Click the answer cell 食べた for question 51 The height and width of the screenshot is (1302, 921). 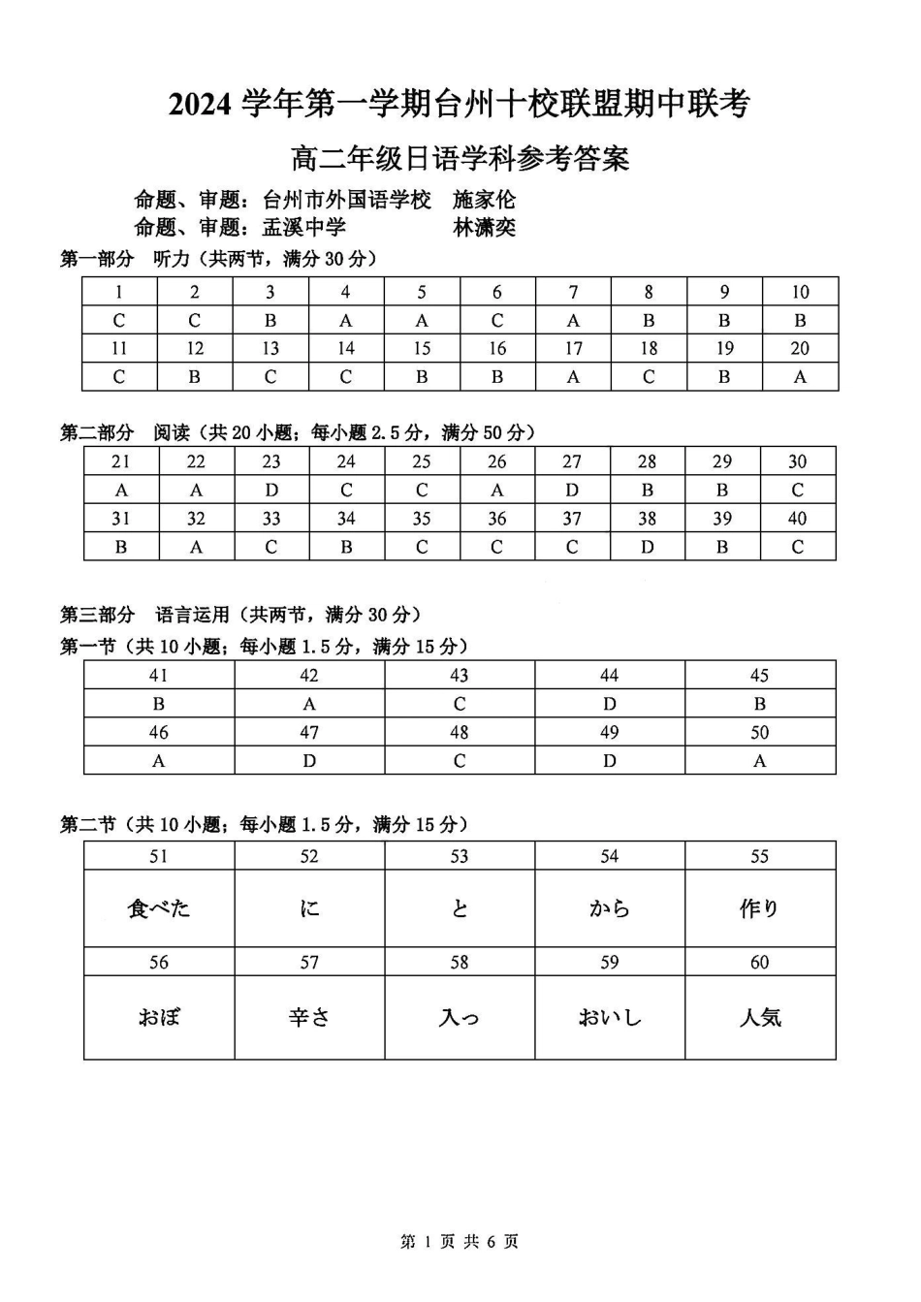click(x=159, y=908)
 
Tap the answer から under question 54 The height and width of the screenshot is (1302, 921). click(x=609, y=908)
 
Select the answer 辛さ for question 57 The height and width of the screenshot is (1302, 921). click(x=309, y=1017)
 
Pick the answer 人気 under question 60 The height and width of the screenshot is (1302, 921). click(x=760, y=1017)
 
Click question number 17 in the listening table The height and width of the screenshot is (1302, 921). click(x=573, y=348)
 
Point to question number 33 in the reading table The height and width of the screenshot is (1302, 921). click(x=271, y=519)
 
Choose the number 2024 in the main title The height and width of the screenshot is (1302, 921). click(x=201, y=104)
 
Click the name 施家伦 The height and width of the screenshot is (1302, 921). click(x=484, y=201)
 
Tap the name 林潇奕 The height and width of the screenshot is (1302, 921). click(x=484, y=228)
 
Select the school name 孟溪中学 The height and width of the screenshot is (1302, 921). click(x=304, y=228)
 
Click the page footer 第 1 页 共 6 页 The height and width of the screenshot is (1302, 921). click(x=460, y=1242)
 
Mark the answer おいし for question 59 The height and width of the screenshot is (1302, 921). click(x=609, y=1017)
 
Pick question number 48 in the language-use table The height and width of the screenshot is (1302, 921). click(x=460, y=732)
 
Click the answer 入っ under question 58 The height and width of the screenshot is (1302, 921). click(x=460, y=1017)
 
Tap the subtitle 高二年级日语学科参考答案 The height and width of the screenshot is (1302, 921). click(x=460, y=157)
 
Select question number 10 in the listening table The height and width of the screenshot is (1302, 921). click(x=800, y=292)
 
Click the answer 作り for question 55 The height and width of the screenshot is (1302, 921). click(x=760, y=908)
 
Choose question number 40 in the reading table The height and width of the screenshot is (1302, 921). click(x=798, y=519)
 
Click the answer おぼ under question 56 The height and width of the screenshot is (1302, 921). click(x=159, y=1017)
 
